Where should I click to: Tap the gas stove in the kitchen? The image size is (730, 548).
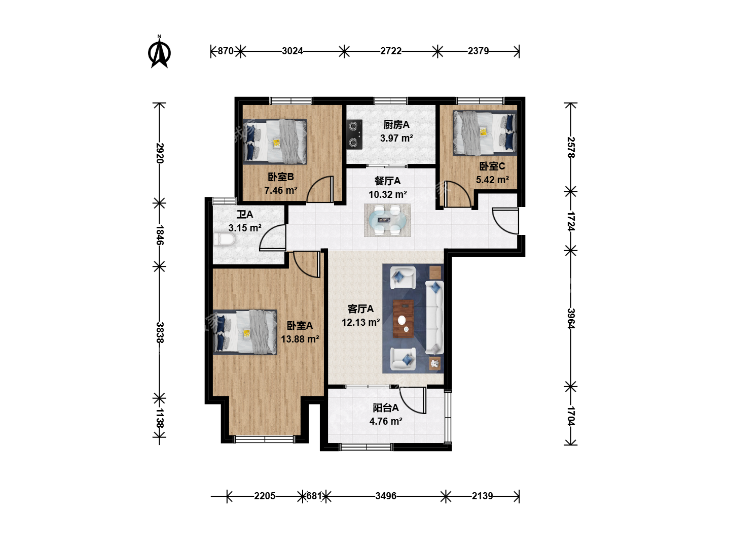pos(354,134)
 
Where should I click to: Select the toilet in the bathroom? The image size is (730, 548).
pos(225,239)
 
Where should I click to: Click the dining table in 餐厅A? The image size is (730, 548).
pos(387,220)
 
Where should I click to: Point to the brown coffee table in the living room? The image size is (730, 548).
pos(403,319)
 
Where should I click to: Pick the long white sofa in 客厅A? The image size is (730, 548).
pos(434,317)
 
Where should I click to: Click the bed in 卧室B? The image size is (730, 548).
pos(275,142)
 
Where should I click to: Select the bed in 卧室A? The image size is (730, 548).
pos(245,332)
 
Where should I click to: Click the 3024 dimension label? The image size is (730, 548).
pos(293,51)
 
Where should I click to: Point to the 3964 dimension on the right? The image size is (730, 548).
pos(571,319)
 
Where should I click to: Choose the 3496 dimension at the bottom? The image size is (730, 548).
pos(386,496)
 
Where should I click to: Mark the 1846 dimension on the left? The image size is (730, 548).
pos(160,235)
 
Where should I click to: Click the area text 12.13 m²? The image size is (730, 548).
pos(361,322)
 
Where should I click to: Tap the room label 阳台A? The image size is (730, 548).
pos(385,407)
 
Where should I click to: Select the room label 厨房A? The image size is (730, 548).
pos(396,125)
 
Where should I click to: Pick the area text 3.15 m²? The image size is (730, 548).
pos(245,228)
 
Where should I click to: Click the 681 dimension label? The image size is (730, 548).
pos(314,496)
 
